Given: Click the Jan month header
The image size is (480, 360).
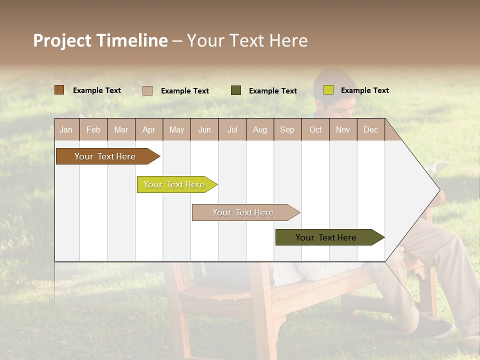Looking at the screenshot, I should [x=66, y=129].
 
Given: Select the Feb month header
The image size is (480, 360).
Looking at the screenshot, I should [x=93, y=129].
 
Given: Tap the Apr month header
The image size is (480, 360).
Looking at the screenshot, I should [x=149, y=129].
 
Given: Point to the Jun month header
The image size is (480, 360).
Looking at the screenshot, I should [x=204, y=129].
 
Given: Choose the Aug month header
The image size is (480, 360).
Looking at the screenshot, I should [x=260, y=129].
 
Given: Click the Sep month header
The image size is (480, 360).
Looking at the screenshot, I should [x=287, y=129].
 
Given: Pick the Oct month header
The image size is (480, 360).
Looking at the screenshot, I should [x=315, y=129].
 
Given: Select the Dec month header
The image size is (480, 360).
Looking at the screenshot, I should [x=371, y=129].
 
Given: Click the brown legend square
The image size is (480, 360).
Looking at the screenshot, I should [x=59, y=90].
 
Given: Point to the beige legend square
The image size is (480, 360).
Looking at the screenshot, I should [x=147, y=90].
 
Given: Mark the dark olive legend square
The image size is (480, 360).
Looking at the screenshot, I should [x=236, y=90].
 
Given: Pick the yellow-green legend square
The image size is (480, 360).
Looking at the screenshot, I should [x=328, y=90].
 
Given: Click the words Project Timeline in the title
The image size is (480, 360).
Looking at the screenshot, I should [x=100, y=40].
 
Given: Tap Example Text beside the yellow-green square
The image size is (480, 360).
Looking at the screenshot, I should [x=364, y=90].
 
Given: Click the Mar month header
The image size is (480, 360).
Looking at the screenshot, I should [x=121, y=129].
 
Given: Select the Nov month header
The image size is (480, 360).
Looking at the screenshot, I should [x=343, y=129].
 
